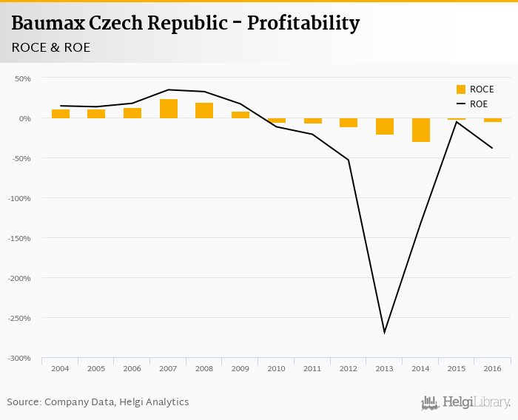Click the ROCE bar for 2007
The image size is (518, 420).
coord(169,109)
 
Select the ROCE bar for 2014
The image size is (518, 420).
coord(421,129)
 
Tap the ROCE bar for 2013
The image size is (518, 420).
coord(385,126)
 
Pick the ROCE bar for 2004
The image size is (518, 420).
coord(61,114)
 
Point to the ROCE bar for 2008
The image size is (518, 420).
coord(204,110)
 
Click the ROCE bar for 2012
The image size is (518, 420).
coord(349,122)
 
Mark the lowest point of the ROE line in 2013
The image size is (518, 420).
coord(385,332)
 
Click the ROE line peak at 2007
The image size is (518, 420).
coord(169,89)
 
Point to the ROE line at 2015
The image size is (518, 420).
coord(457,122)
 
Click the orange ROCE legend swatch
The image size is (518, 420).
coord(461,89)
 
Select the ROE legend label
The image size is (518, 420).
coord(479,104)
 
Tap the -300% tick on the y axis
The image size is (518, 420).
coord(20,358)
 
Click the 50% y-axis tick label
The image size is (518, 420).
coord(23,78)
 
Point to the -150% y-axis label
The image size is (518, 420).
coord(20,238)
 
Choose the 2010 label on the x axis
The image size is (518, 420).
coord(277,368)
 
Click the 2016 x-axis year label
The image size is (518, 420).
coord(493,368)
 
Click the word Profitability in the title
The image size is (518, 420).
coord(303,23)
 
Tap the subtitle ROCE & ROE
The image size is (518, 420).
coord(51,47)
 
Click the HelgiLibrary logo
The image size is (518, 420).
coord(466,402)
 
